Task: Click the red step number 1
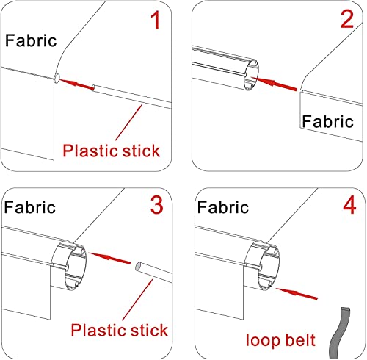[x=156, y=21]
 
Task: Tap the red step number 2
[x=347, y=19]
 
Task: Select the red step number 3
[x=156, y=205]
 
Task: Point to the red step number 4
[x=349, y=205]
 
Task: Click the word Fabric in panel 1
[x=31, y=40]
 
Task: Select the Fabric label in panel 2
[x=327, y=121]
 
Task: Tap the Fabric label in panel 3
[x=30, y=207]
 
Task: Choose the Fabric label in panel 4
[x=223, y=207]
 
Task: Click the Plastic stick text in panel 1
[x=112, y=151]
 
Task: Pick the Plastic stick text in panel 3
[x=120, y=330]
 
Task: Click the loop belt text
[x=280, y=340]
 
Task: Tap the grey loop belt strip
[x=339, y=333]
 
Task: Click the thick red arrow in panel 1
[x=76, y=84]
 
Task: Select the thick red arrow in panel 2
[x=274, y=84]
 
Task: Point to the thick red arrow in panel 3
[x=109, y=258]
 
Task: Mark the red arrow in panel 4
[x=297, y=293]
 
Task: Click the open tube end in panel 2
[x=250, y=75]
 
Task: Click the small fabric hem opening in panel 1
[x=57, y=78]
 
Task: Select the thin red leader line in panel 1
[x=129, y=122]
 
